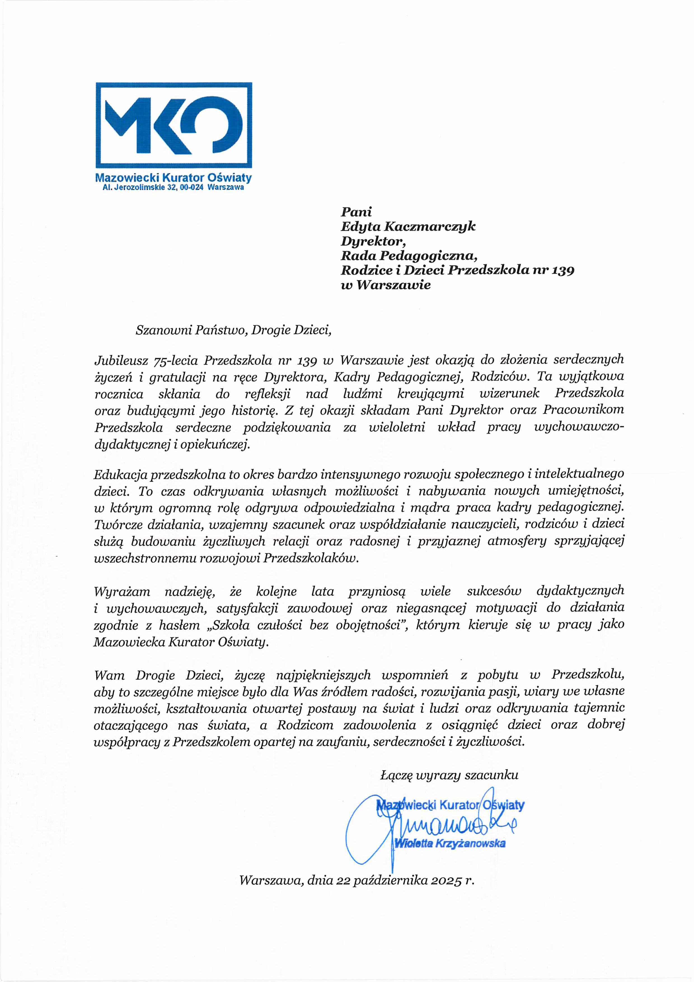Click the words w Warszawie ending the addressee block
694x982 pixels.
coord(385,285)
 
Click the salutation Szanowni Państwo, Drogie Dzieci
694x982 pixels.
coord(233,330)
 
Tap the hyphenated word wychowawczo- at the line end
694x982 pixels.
coord(579,427)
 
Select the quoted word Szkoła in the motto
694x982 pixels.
coord(230,625)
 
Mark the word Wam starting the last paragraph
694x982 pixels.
coord(109,675)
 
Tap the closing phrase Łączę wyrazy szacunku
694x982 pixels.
coord(449,775)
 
